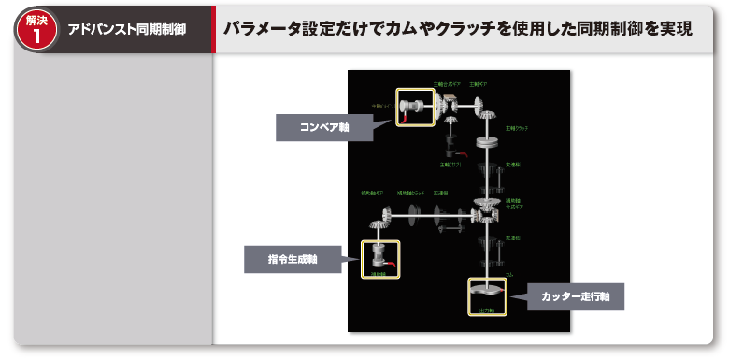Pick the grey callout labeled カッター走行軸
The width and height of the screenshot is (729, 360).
575,296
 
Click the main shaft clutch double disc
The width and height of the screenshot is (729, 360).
488,143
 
